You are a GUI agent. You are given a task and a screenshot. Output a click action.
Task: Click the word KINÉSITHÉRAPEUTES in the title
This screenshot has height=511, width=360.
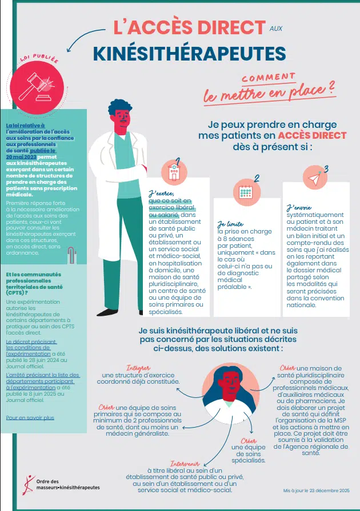tap(190, 54)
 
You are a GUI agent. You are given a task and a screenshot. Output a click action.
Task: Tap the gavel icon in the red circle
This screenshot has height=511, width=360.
tap(37, 87)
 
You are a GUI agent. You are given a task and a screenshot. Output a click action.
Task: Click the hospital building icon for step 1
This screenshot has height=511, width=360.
tap(174, 172)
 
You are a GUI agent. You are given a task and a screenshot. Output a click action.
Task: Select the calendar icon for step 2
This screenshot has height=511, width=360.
tap(245, 192)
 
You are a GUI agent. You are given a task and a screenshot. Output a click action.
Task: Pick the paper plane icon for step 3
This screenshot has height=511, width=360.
tap(315, 178)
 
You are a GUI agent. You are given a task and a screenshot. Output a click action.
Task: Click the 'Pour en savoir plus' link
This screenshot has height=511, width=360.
tap(30, 418)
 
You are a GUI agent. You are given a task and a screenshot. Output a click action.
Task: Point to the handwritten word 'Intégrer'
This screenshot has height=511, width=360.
tap(138, 368)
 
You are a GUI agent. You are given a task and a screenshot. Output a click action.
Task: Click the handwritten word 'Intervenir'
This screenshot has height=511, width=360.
tap(185, 464)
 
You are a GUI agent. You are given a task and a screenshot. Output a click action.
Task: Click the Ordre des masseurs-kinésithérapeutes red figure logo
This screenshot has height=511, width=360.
tap(29, 485)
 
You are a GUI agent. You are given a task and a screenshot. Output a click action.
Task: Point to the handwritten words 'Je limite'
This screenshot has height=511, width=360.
tap(230, 224)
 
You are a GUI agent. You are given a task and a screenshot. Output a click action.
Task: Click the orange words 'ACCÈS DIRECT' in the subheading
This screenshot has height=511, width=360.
tap(312, 135)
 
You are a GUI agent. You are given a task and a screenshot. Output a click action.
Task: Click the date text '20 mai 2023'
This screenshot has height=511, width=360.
tap(21, 157)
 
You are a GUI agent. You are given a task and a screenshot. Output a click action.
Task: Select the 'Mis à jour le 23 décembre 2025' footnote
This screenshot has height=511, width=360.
tap(317, 490)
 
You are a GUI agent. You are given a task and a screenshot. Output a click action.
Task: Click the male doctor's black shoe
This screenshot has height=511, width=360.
tap(107, 312)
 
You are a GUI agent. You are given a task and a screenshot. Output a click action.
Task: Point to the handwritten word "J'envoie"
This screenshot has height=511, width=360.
tap(299, 208)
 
